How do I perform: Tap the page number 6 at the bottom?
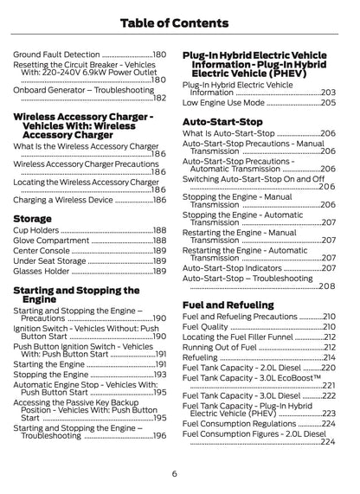tap(174, 473)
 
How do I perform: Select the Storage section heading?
tap(32, 219)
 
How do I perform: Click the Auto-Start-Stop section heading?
tap(223, 122)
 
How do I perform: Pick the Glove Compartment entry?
tap(52, 242)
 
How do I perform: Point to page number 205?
tap(327, 102)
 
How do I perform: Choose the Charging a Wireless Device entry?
tap(64, 200)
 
